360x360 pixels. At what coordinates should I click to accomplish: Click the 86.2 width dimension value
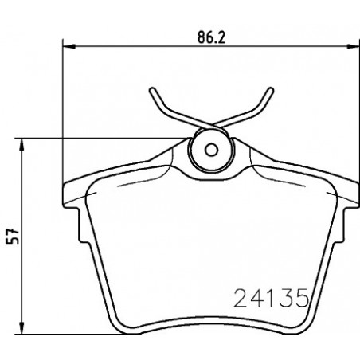(x=211, y=37)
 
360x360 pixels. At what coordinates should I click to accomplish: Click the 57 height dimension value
(x=13, y=236)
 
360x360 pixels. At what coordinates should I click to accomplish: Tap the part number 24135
(x=272, y=298)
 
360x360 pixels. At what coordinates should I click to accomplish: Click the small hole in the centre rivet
(x=211, y=150)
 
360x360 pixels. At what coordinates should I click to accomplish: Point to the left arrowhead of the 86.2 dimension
(x=69, y=46)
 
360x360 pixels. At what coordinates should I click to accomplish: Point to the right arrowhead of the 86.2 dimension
(x=354, y=46)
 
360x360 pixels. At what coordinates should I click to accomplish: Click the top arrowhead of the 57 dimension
(x=22, y=144)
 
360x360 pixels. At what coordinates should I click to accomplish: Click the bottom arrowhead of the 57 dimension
(x=22, y=327)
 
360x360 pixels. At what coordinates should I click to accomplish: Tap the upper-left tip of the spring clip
(x=152, y=90)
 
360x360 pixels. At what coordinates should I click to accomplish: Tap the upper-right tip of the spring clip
(x=271, y=90)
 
